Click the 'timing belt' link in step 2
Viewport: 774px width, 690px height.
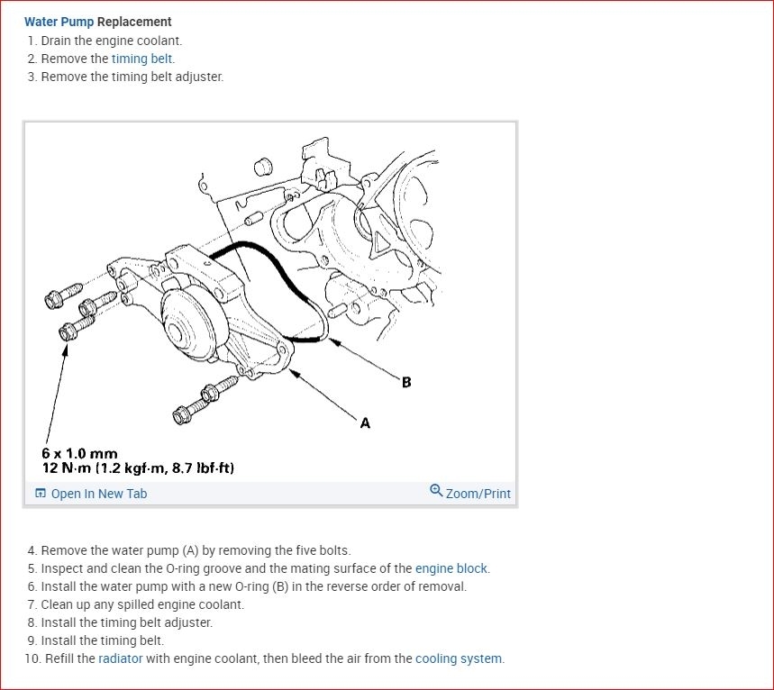142,59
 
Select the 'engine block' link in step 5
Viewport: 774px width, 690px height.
451,568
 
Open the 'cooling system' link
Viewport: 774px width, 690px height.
459,658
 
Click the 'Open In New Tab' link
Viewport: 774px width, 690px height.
98,494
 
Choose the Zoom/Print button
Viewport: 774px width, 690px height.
478,494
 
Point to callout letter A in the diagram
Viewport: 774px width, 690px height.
365,422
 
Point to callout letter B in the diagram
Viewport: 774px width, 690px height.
406,382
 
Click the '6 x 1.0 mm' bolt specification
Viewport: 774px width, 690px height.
79,454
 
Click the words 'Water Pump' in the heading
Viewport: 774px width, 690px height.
59,22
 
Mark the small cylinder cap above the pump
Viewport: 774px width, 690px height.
263,167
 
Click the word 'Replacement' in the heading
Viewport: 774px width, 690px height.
134,22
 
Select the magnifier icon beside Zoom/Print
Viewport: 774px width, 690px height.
436,491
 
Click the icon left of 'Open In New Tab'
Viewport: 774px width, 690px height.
40,494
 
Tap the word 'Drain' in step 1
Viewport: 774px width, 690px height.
58,41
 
